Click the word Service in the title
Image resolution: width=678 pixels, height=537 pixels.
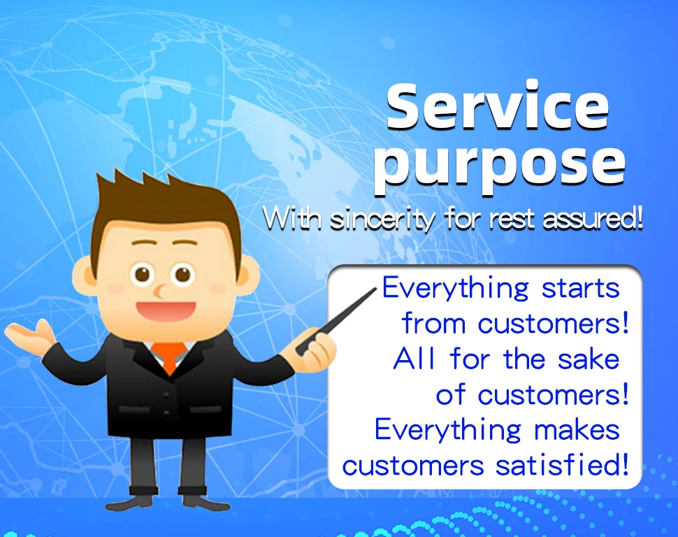click(x=498, y=106)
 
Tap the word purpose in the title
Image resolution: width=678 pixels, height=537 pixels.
click(x=500, y=166)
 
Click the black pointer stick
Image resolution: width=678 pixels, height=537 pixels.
click(x=336, y=322)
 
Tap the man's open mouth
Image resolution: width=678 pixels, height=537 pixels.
click(x=166, y=311)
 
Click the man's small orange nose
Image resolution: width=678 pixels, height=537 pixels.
click(x=159, y=291)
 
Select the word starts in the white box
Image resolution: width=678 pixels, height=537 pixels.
click(x=580, y=289)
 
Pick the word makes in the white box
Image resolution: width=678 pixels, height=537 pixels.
click(x=577, y=430)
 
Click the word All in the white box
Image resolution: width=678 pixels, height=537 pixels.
click(x=414, y=359)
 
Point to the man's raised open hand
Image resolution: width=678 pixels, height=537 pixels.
click(x=30, y=336)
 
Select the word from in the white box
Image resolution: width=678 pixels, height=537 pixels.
click(x=433, y=324)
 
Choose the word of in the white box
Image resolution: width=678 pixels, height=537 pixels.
click(x=451, y=394)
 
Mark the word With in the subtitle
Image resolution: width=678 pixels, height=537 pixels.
click(x=293, y=219)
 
